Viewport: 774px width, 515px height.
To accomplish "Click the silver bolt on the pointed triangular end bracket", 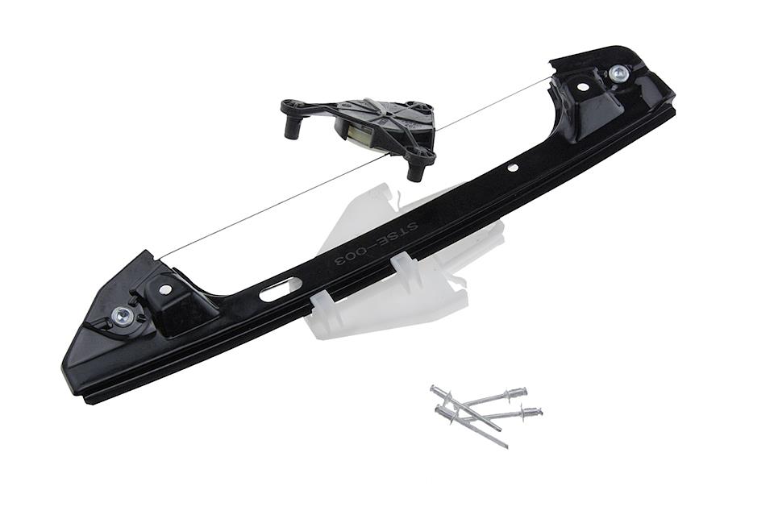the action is click(120, 314).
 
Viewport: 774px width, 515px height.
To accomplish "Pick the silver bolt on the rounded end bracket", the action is click(617, 74).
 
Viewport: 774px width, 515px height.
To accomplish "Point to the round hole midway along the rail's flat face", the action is click(513, 168).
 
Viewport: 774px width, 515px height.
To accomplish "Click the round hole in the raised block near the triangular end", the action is click(164, 288).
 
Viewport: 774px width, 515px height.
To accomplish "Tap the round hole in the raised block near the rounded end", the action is click(582, 87).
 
